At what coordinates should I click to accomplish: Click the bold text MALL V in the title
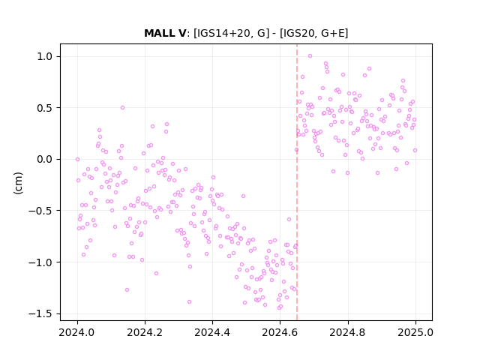tap(165, 33)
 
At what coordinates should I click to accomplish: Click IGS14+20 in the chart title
tap(223, 33)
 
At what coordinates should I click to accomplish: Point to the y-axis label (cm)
tap(18, 182)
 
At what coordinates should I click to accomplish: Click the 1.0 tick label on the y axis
tap(46, 57)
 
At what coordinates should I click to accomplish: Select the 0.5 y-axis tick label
tap(46, 108)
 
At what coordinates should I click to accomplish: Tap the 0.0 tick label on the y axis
tap(46, 160)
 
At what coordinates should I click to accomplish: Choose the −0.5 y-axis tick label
tap(42, 211)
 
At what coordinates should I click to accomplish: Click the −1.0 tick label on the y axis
tap(42, 262)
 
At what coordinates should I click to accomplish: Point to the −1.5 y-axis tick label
tap(42, 313)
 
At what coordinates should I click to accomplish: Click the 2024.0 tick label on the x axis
tap(77, 332)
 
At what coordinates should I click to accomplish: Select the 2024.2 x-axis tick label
tap(145, 332)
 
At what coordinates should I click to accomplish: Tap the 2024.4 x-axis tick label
tap(212, 332)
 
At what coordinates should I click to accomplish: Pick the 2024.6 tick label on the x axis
tap(280, 332)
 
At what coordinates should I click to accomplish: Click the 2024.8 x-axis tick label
tap(348, 332)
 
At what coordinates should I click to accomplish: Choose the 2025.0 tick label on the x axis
tap(415, 332)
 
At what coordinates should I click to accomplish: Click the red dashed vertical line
tap(297, 182)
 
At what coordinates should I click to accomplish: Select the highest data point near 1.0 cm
tap(310, 56)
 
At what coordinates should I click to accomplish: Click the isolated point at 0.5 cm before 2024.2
tap(122, 108)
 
